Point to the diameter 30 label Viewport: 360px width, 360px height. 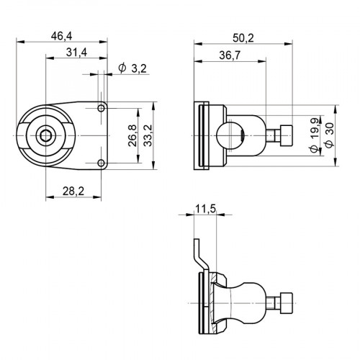coord(328,135)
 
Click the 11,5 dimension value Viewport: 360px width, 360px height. coord(204,208)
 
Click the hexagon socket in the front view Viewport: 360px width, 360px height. coord(45,135)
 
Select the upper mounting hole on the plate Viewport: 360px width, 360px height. coord(102,108)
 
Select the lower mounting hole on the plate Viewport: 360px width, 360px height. coord(102,163)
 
